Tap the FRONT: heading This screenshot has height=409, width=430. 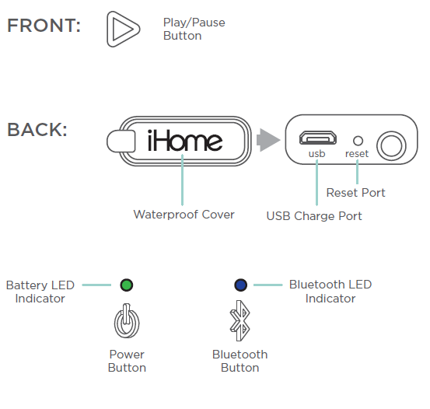[44, 26]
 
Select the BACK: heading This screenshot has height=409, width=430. [37, 130]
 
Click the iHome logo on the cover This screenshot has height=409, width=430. [185, 141]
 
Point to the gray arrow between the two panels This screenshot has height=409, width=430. [268, 140]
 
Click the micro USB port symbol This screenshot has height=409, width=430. [318, 138]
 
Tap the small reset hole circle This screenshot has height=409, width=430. [358, 141]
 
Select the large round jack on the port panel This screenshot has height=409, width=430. [391, 146]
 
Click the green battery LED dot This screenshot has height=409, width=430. [127, 285]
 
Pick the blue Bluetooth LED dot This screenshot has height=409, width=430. [241, 285]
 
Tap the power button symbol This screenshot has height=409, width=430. [127, 320]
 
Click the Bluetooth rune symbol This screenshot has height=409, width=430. [240, 320]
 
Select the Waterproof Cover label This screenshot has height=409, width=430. [184, 215]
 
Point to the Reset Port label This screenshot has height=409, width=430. [355, 193]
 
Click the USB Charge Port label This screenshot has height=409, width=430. [314, 216]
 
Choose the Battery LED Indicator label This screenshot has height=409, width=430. [40, 292]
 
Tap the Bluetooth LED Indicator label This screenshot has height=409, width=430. [330, 292]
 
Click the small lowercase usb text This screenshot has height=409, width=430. [316, 154]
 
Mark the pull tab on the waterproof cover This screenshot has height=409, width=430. [121, 141]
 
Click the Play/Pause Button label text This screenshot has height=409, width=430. [194, 29]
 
